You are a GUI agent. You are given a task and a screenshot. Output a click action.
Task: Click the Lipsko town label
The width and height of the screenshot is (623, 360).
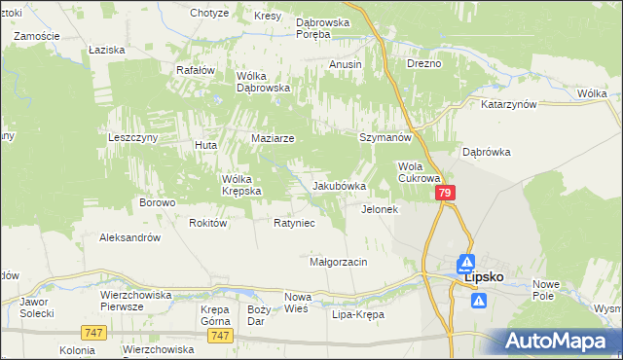484,276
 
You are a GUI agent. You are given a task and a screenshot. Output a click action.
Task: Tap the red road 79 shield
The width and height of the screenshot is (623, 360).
445,194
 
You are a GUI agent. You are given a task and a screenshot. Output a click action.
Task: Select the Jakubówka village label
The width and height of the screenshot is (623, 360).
339,186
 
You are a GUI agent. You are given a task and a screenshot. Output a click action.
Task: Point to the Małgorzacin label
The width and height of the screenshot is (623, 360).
338,262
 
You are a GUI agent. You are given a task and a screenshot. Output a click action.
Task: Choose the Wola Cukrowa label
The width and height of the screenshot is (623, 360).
421,172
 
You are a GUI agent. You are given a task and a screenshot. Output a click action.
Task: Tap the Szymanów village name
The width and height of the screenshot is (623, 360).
385,138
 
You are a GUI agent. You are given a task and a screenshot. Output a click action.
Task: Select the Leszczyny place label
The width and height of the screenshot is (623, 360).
133,138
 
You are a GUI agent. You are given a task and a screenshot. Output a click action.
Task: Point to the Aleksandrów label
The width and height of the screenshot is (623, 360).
129,236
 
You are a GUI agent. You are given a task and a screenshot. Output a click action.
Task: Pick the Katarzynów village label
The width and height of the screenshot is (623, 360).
509,103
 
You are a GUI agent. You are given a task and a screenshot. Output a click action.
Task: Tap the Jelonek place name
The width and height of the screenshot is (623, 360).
380,209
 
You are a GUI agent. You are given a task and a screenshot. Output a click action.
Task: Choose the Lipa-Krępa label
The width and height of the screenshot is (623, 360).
358,315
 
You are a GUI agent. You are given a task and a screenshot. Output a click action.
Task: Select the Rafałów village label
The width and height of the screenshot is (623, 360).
195,70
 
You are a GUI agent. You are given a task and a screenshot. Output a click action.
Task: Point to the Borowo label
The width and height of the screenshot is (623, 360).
157,202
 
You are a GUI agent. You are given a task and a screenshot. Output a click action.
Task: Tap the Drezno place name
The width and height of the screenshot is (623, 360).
424,63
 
